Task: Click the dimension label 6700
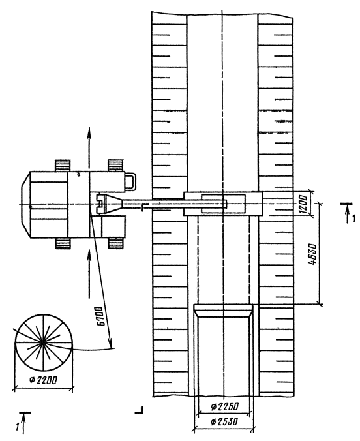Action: (x=100, y=315)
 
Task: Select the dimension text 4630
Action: (x=312, y=255)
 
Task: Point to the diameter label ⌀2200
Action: (x=43, y=380)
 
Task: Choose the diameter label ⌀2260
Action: (x=224, y=406)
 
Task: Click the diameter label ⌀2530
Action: (x=224, y=421)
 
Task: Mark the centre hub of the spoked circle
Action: (x=42, y=342)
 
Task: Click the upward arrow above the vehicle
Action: (x=89, y=147)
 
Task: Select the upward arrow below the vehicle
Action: (x=89, y=273)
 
